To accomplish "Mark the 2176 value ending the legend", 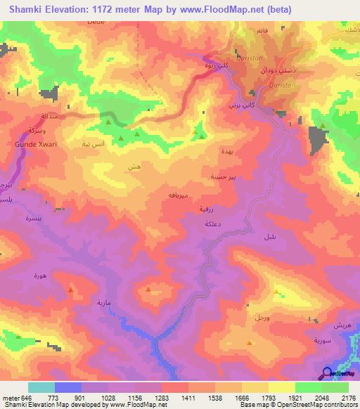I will pyautogui.click(x=349, y=398).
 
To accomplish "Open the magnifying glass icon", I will pyautogui.click(x=328, y=375).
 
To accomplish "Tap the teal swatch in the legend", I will pyautogui.click(x=41, y=387).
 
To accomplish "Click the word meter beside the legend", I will pyautogui.click(x=11, y=398).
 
